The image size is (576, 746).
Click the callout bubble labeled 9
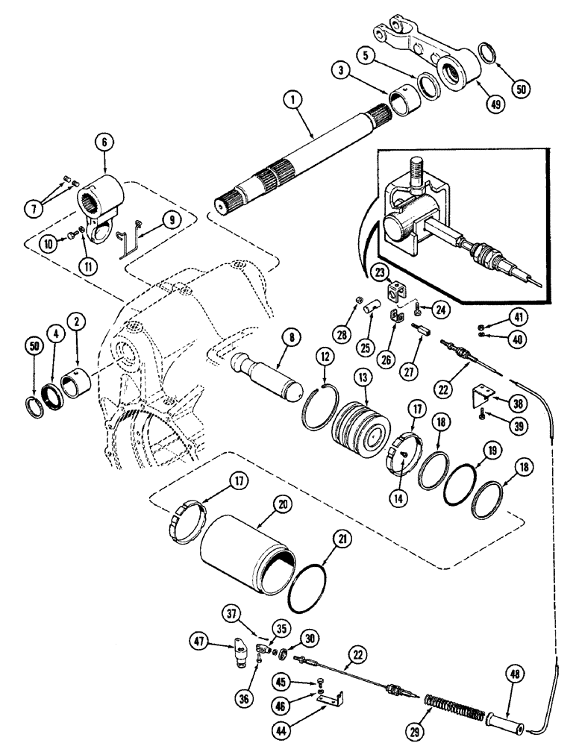click(172, 220)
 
